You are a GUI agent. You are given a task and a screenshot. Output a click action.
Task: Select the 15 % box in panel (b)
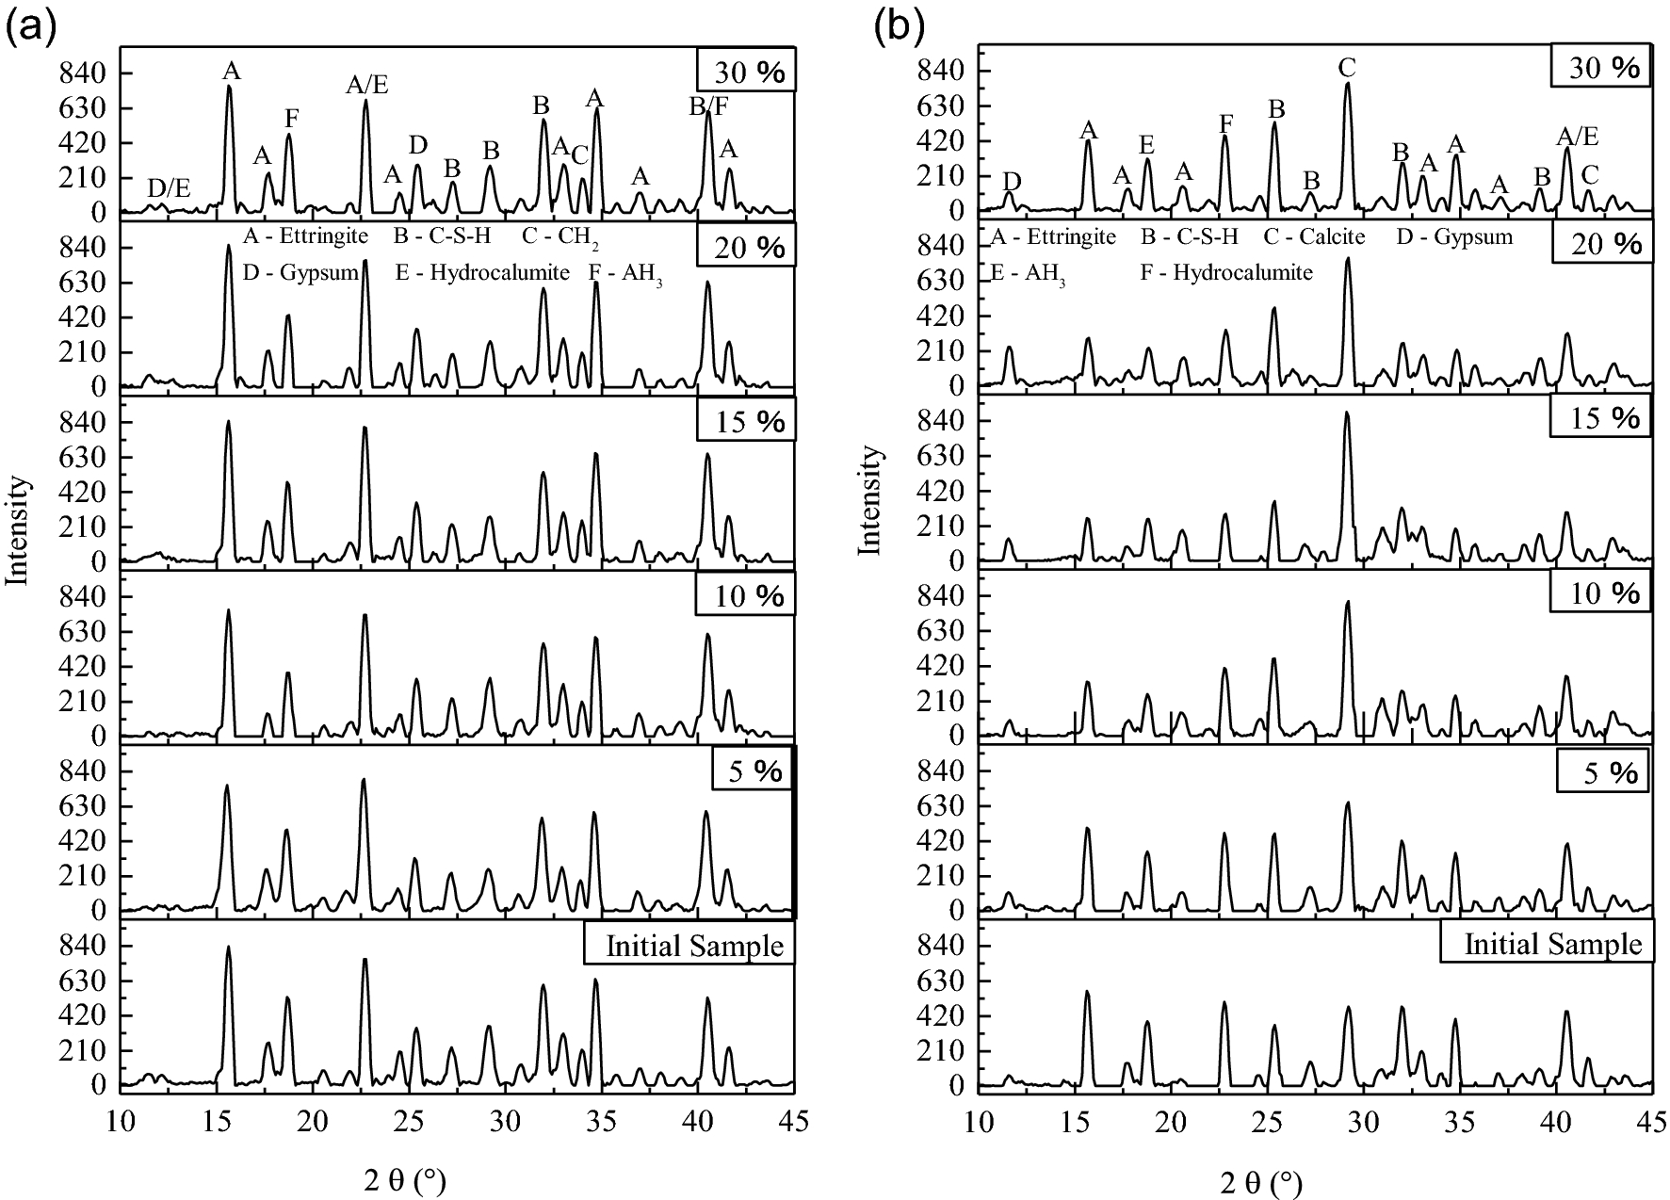click(1599, 416)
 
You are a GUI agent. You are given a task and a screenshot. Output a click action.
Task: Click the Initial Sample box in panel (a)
click(689, 945)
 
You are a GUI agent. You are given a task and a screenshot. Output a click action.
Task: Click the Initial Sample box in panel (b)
click(1547, 943)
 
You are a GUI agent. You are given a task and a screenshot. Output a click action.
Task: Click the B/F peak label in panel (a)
click(708, 107)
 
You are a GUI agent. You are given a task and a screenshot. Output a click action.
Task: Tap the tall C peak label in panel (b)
click(1347, 68)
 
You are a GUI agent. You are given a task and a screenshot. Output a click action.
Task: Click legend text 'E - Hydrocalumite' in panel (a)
click(482, 273)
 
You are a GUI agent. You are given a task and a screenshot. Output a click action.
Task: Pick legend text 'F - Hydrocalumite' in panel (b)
click(1226, 273)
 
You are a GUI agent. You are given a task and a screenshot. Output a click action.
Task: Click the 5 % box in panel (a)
click(753, 770)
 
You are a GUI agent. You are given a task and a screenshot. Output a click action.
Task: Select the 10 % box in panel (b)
click(1599, 593)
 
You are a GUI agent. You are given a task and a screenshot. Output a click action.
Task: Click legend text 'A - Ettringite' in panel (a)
click(305, 236)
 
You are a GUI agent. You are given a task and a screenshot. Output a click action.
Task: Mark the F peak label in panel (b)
click(1225, 123)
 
